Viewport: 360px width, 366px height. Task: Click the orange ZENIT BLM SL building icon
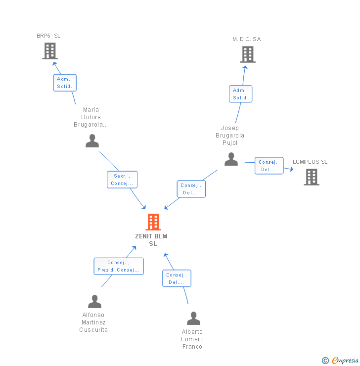click(x=153, y=222)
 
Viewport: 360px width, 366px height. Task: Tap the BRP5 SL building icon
click(x=50, y=51)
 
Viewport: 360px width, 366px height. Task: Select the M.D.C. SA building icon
click(x=248, y=54)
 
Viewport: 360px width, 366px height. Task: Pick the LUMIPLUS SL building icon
click(x=311, y=177)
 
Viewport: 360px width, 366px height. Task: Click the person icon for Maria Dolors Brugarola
click(x=92, y=141)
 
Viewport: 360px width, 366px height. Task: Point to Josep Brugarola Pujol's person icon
click(x=231, y=159)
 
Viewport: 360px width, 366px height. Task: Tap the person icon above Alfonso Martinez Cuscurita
click(x=94, y=301)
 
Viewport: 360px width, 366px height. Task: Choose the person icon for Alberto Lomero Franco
click(x=193, y=318)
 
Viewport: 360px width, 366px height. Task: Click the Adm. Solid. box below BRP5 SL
click(x=65, y=83)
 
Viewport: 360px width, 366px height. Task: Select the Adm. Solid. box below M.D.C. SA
click(x=240, y=94)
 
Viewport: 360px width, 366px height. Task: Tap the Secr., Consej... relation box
click(x=122, y=180)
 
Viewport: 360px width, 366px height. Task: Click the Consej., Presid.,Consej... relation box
click(x=119, y=266)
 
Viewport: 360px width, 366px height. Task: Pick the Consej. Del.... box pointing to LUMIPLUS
click(x=269, y=166)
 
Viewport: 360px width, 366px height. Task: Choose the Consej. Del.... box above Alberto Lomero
click(x=177, y=278)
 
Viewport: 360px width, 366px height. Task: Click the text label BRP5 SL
click(x=48, y=36)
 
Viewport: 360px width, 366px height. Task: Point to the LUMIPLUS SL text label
click(x=310, y=162)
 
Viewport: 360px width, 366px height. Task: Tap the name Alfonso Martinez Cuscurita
click(x=93, y=322)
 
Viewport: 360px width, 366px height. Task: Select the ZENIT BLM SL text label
click(x=151, y=240)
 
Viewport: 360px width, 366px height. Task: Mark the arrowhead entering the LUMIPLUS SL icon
click(x=291, y=170)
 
